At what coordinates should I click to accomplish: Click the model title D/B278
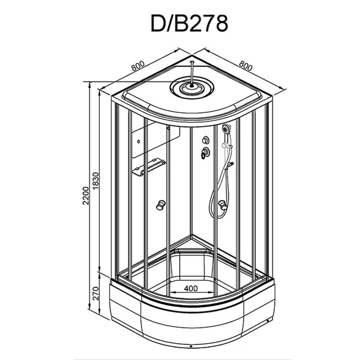coord(189,23)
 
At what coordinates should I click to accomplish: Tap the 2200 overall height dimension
coord(85,196)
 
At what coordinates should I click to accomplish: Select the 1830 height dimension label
coord(95,181)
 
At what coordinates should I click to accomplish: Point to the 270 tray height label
coord(95,293)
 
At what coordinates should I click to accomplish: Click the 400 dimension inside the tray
coord(191,288)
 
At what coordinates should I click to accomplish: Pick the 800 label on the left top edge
coord(138,66)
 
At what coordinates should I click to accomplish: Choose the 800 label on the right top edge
coord(246,66)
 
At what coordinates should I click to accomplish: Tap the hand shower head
coord(227,129)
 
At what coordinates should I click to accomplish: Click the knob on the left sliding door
coord(161,205)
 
